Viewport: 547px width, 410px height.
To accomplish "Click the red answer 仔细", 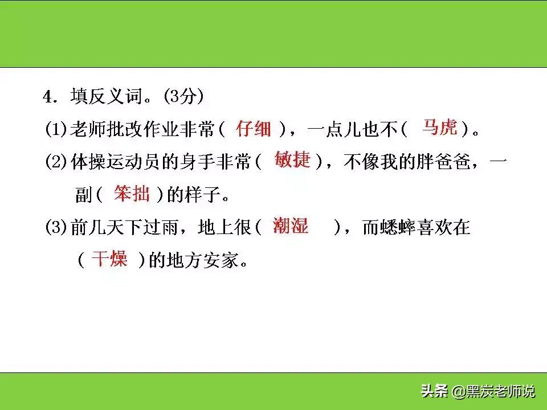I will pos(254,130).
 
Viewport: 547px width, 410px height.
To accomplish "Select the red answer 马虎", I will pos(439,128).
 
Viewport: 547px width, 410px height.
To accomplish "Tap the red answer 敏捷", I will pos(292,160).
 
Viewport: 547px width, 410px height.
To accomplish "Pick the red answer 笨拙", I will pos(132,194).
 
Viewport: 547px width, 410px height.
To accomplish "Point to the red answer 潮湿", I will pos(290,226).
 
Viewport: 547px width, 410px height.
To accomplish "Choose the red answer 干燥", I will pos(109,260).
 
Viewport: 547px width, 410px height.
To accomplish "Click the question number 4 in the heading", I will pos(48,97).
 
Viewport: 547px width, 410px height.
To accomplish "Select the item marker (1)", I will pos(56,130).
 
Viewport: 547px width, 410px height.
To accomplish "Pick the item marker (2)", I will pos(56,163).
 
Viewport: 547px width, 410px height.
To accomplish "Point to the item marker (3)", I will pos(56,228).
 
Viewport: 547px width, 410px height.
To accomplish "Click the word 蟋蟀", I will pos(403,228).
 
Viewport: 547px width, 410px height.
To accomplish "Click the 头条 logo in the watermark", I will pos(434,392).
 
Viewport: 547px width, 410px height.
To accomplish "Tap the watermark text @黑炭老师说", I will pos(493,392).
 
